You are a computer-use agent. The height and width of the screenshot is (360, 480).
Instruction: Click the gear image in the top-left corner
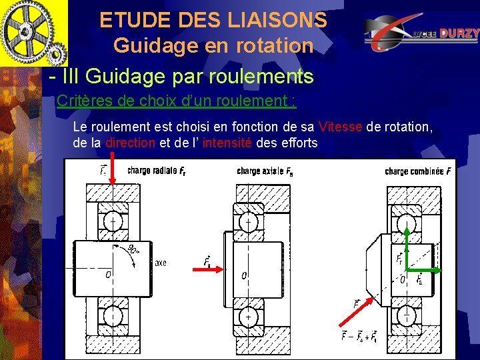coord(33,33)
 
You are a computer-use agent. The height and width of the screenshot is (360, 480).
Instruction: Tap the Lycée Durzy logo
coord(421,34)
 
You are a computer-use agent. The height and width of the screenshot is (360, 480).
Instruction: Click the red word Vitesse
coord(341,127)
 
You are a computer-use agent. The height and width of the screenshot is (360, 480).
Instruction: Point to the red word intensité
coord(227,142)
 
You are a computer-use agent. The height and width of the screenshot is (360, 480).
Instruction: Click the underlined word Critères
coord(83,101)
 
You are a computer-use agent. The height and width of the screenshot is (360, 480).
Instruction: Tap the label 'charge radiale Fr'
coord(157,170)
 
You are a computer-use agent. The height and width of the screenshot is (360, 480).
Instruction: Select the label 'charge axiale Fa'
coord(265,171)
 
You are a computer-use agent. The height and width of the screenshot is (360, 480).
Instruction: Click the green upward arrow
coord(407,247)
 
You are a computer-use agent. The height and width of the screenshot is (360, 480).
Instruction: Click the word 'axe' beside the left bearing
coord(161,263)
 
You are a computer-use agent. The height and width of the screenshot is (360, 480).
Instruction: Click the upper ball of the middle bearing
coord(248,220)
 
